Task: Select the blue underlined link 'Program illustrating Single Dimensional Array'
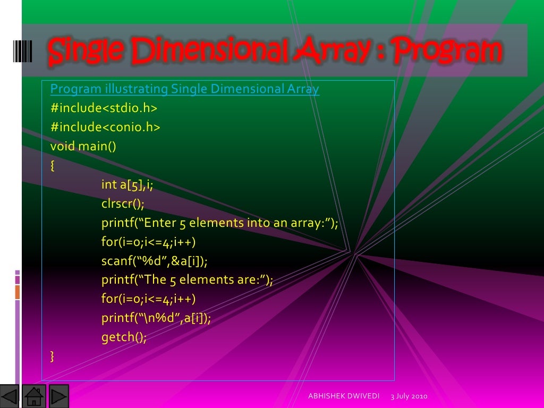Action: click(184, 89)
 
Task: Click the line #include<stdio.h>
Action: click(104, 108)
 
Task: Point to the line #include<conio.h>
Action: click(105, 127)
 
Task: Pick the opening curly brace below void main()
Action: click(52, 165)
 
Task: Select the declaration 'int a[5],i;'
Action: click(127, 184)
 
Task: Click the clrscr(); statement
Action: click(123, 203)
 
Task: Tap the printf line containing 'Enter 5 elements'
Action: click(219, 223)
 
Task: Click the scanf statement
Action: click(155, 261)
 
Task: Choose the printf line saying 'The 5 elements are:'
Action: click(187, 280)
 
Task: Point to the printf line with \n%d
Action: click(156, 318)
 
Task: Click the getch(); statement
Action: click(124, 337)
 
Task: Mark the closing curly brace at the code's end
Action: click(52, 355)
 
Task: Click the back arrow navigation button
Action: click(10, 396)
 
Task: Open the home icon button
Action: click(35, 396)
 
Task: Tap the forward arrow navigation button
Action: click(58, 396)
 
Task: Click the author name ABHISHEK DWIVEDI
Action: click(344, 397)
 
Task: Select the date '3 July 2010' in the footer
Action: click(409, 397)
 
